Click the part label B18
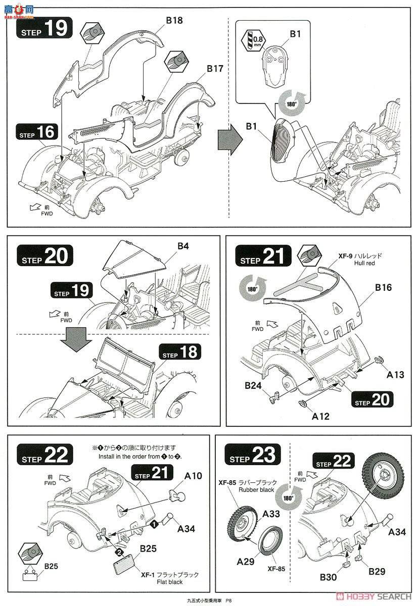[174, 20]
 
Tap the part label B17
[215, 69]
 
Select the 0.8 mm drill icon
[253, 40]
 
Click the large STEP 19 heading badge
[44, 28]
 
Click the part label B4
[183, 246]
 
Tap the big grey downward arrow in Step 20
[76, 339]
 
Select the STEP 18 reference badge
[180, 352]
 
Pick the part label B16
[384, 287]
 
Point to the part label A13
[395, 375]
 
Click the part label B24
[253, 385]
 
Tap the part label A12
[320, 416]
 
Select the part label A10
[193, 476]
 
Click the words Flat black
[170, 582]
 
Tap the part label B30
[328, 577]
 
